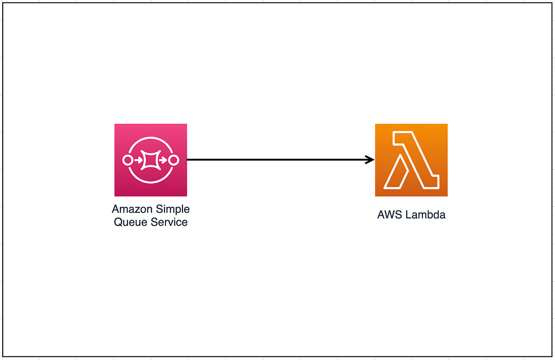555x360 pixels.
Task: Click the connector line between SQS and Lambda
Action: [x=277, y=160]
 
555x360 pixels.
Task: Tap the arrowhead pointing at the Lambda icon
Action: [x=370, y=160]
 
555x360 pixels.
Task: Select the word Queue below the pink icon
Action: [x=130, y=222]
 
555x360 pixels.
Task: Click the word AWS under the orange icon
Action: [x=388, y=215]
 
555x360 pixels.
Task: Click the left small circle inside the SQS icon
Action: [x=127, y=160]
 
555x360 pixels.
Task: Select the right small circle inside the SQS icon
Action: [x=173, y=160]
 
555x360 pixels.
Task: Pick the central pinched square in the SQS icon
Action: [x=150, y=160]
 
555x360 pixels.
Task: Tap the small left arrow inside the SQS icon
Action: [x=137, y=160]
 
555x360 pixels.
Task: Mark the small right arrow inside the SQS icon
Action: [x=163, y=160]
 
